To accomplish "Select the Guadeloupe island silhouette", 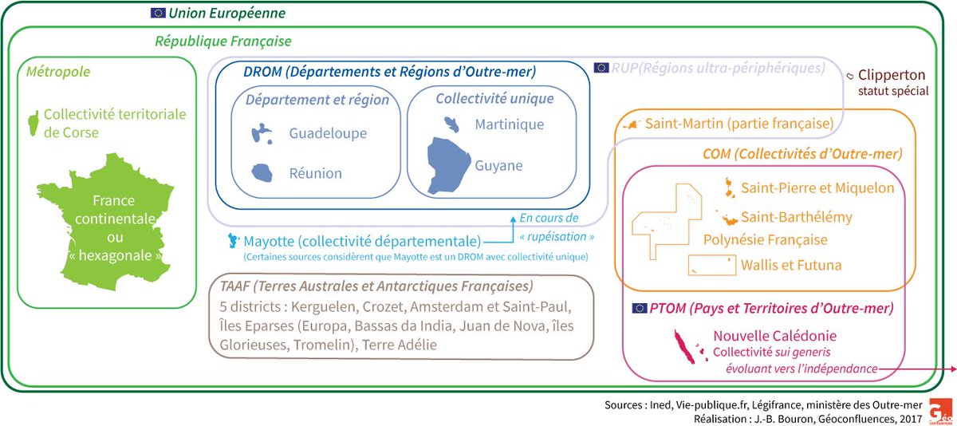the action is (259, 132).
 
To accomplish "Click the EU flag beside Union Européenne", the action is (157, 13).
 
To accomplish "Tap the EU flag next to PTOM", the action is (639, 308).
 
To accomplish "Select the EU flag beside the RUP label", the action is (601, 68).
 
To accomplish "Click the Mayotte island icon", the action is (234, 240).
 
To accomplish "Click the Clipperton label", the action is (893, 75).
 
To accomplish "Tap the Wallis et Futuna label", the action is (791, 265).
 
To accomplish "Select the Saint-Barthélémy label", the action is (797, 217).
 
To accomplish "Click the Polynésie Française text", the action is (765, 239).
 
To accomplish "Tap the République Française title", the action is (223, 40).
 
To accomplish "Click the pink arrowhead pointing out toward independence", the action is (951, 369).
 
